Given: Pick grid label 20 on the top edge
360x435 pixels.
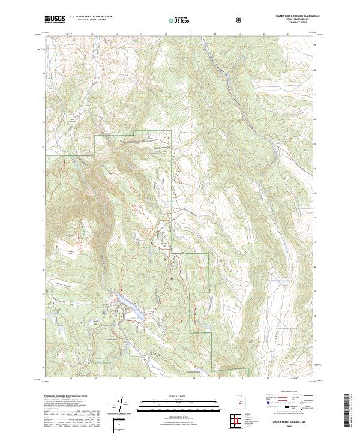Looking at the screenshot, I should (x=215, y=34).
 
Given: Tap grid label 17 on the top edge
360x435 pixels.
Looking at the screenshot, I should (x=141, y=34).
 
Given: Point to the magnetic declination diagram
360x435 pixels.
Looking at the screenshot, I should (x=126, y=405).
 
